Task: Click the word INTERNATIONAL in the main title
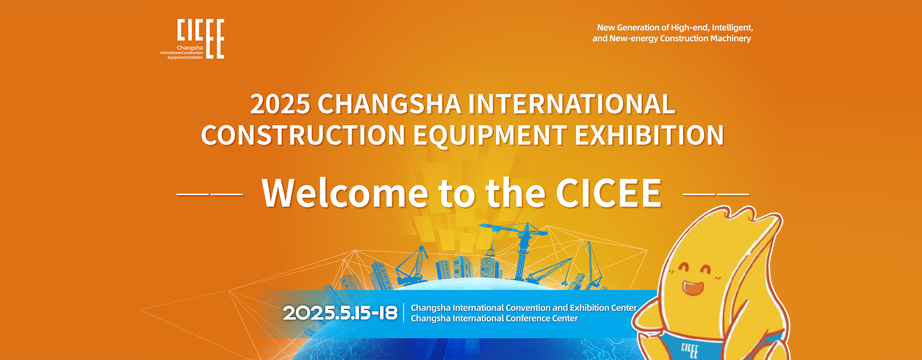(571, 104)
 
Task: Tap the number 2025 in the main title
(280, 104)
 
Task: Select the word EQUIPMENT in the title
(490, 135)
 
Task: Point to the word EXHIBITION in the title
(649, 135)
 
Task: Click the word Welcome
(345, 193)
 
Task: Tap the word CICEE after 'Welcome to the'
(608, 193)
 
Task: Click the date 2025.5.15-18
(340, 313)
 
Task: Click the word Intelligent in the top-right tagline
(732, 28)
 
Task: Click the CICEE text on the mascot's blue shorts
(690, 350)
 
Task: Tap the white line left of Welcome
(210, 194)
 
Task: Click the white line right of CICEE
(716, 194)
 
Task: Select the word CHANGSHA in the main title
(389, 104)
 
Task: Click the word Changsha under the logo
(190, 48)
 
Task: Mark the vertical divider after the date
(404, 312)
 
